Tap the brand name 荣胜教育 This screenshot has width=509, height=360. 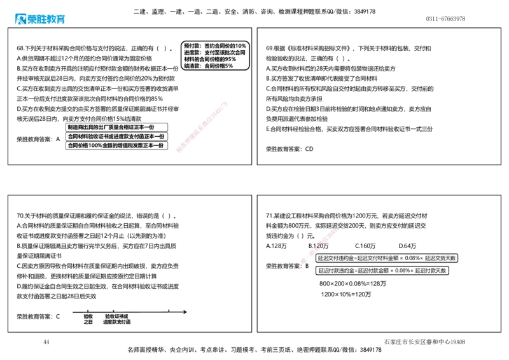click(x=46, y=19)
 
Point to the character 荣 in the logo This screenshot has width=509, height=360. click(x=32, y=19)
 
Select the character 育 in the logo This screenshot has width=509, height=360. click(x=60, y=19)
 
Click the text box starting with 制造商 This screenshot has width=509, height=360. click(x=116, y=127)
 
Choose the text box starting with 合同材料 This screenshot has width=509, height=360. click(x=116, y=136)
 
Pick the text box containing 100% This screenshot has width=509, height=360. click(x=116, y=146)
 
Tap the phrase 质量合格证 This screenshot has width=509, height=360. click(x=125, y=127)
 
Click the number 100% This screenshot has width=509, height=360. click(x=95, y=146)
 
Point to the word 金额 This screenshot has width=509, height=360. click(x=108, y=146)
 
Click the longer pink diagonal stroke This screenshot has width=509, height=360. click(x=201, y=127)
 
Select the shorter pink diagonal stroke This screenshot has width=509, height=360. click(x=322, y=242)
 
